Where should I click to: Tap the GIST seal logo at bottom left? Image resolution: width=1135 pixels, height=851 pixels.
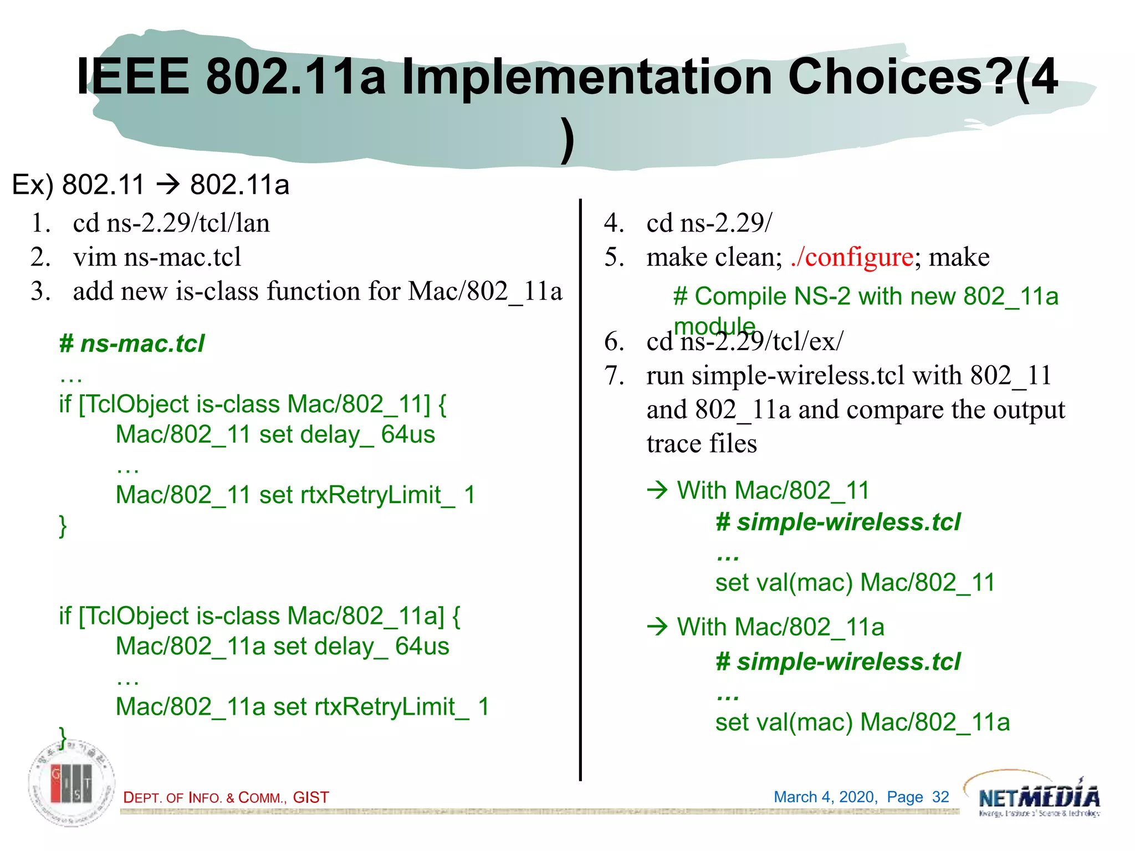point(72,783)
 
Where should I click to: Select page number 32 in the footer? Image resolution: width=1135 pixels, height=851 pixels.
point(940,797)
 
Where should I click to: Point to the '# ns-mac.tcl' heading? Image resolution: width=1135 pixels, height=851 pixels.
point(132,344)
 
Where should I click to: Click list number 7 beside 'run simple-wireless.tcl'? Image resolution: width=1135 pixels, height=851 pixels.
point(614,376)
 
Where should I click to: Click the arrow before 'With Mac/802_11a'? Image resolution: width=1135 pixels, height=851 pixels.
point(658,627)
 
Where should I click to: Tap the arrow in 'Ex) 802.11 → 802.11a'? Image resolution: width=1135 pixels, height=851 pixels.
point(167,184)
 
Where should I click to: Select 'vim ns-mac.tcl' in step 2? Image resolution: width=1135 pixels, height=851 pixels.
point(157,257)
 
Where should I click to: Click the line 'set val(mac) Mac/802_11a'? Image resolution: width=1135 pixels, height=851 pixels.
point(862,722)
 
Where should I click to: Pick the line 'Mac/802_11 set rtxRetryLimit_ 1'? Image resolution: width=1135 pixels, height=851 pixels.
point(295,495)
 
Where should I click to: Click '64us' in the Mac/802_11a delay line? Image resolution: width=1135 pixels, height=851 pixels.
point(422,647)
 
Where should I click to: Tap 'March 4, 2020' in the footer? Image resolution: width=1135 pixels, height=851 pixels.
point(825,797)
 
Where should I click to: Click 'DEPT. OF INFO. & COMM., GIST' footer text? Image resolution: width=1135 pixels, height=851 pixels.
point(226,797)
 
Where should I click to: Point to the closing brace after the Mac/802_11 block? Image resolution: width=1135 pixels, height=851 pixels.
point(63,525)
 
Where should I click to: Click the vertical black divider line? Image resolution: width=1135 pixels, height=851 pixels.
point(580,488)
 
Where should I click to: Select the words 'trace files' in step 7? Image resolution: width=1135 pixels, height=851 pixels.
point(701,444)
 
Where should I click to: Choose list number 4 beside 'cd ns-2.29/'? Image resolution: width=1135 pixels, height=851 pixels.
point(613,223)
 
